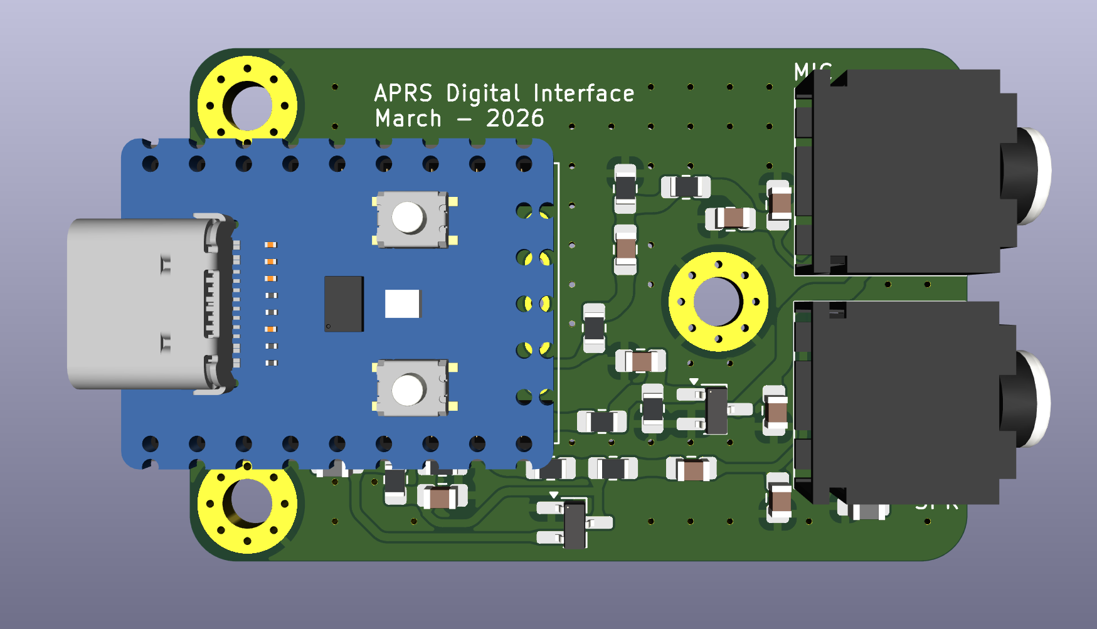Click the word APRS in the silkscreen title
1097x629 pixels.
[403, 93]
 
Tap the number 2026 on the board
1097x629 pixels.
[515, 119]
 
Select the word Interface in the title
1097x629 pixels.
[583, 93]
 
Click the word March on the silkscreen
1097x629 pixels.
[408, 119]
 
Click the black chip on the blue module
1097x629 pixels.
[344, 304]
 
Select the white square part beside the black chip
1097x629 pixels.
[402, 304]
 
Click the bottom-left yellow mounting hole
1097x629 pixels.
[247, 504]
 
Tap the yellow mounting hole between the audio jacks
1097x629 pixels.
[718, 302]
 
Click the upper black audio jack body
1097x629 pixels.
[903, 172]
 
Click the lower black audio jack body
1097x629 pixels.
[903, 401]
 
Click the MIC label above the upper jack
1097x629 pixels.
[812, 71]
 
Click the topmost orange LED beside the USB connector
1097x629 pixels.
[270, 245]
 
